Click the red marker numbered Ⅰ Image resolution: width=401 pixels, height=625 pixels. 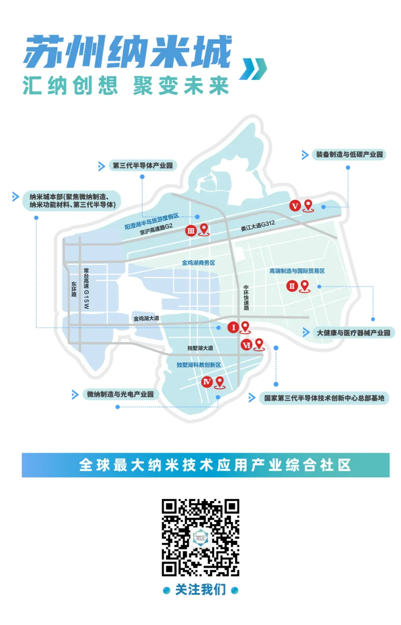[233, 327]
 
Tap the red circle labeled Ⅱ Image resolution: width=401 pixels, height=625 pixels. [292, 286]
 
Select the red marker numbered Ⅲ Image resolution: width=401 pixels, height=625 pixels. [191, 230]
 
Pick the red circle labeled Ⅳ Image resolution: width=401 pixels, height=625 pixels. [207, 382]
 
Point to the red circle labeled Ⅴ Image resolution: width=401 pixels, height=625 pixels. [295, 206]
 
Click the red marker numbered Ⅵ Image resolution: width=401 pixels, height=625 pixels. [247, 345]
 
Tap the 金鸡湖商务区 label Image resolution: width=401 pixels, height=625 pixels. [198, 263]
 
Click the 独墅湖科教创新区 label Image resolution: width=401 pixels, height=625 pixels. [199, 365]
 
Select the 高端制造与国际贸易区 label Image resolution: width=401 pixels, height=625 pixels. [297, 271]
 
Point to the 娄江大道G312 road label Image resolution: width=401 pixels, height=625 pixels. [258, 226]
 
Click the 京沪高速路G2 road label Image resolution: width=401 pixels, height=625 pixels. [156, 229]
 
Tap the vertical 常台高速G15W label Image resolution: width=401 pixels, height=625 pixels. [86, 288]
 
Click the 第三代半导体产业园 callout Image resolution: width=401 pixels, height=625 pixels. [143, 166]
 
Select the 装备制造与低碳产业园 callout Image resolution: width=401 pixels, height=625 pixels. [349, 154]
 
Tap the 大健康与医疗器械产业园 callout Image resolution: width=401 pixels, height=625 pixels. [353, 333]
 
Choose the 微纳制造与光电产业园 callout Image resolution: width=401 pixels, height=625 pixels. [120, 394]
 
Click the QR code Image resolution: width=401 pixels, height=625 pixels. [200, 537]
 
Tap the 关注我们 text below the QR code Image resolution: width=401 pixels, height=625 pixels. [200, 589]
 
